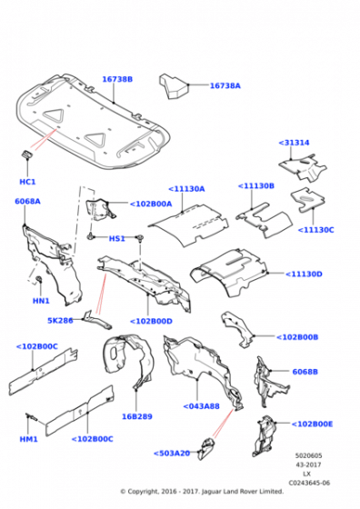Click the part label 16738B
click(x=117, y=79)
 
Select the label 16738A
click(x=225, y=85)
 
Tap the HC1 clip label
click(x=27, y=182)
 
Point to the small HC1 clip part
click(x=27, y=154)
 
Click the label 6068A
click(x=27, y=201)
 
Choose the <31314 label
click(x=294, y=143)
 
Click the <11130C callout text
click(x=315, y=230)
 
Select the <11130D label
click(x=304, y=274)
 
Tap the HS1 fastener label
click(x=117, y=238)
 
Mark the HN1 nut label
click(x=41, y=301)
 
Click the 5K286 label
click(x=60, y=321)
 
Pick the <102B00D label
click(x=151, y=322)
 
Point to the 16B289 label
click(x=137, y=416)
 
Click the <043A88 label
click(x=201, y=406)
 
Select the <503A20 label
click(x=172, y=454)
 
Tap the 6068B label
click(x=305, y=372)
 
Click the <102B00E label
click(x=312, y=424)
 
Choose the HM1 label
click(x=29, y=439)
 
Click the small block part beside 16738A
click(x=174, y=86)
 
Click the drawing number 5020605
click(x=308, y=455)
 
